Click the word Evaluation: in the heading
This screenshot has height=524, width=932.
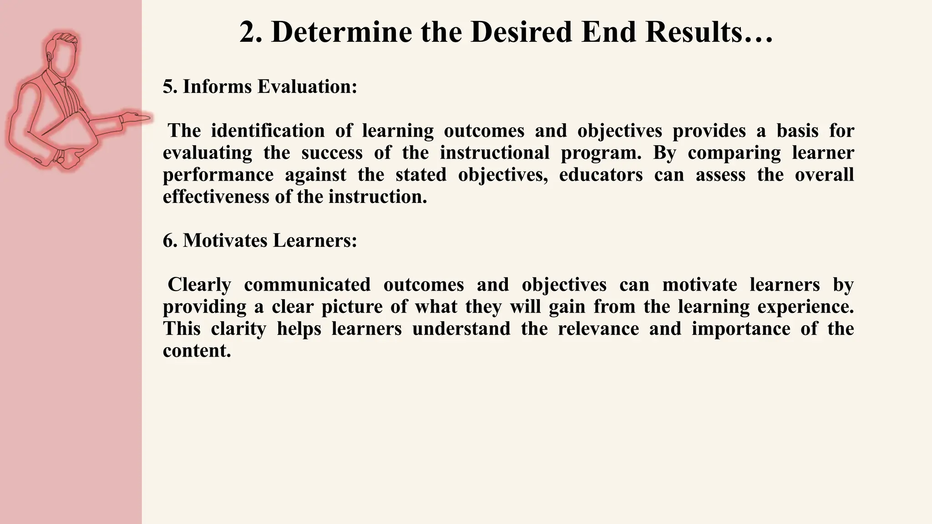pos(307,86)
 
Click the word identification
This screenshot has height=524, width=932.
pos(268,131)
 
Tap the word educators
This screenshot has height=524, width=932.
pos(601,175)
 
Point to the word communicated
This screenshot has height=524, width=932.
pos(307,285)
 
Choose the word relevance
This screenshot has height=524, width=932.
pos(598,328)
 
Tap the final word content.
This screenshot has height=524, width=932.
pos(197,351)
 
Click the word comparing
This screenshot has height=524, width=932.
pos(734,153)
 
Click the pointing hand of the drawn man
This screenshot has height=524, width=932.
pos(137,118)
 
